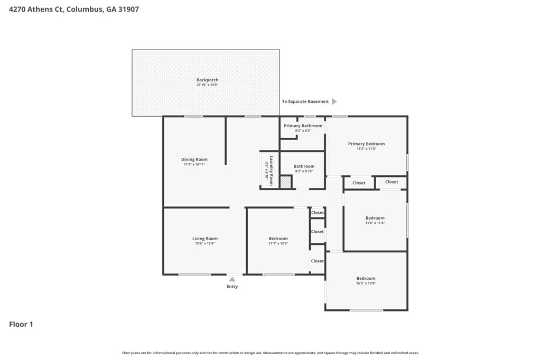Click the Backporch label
tap(207, 80)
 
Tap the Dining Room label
tap(194, 159)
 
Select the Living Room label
tap(204, 239)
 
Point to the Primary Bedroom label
tap(366, 144)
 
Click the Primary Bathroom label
tap(303, 126)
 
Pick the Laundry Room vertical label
tap(271, 170)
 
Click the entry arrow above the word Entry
tap(232, 278)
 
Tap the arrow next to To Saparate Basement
tap(334, 101)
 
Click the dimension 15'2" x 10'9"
tap(366, 283)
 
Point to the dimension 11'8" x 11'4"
tap(375, 223)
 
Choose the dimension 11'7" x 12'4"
tap(278, 243)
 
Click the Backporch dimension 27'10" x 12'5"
tap(207, 85)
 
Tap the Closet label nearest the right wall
tap(391, 182)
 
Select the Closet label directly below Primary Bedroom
tap(359, 183)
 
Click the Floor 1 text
tap(21, 324)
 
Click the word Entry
tap(232, 287)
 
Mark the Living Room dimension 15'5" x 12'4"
tap(204, 243)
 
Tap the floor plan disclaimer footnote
tap(270, 353)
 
